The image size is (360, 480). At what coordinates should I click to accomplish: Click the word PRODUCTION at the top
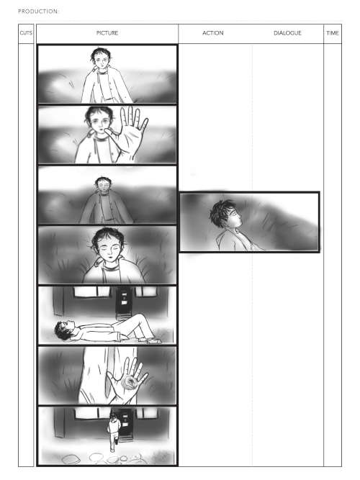tap(37, 12)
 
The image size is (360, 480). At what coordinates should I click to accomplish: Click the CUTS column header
tap(26, 33)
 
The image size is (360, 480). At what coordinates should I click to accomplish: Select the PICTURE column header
tap(107, 33)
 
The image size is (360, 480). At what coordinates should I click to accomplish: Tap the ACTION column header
tap(213, 33)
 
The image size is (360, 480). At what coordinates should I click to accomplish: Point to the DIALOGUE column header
tap(288, 33)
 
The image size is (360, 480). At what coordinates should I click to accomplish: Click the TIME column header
tap(333, 33)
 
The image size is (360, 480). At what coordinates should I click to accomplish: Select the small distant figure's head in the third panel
tap(103, 184)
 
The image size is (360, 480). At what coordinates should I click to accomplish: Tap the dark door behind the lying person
tap(124, 301)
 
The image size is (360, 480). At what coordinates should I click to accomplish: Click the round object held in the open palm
tap(130, 383)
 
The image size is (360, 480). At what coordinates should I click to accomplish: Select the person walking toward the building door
tap(113, 431)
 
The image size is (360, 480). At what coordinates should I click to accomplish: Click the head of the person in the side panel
tap(224, 214)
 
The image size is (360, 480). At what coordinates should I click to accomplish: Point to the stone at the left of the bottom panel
tap(71, 458)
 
